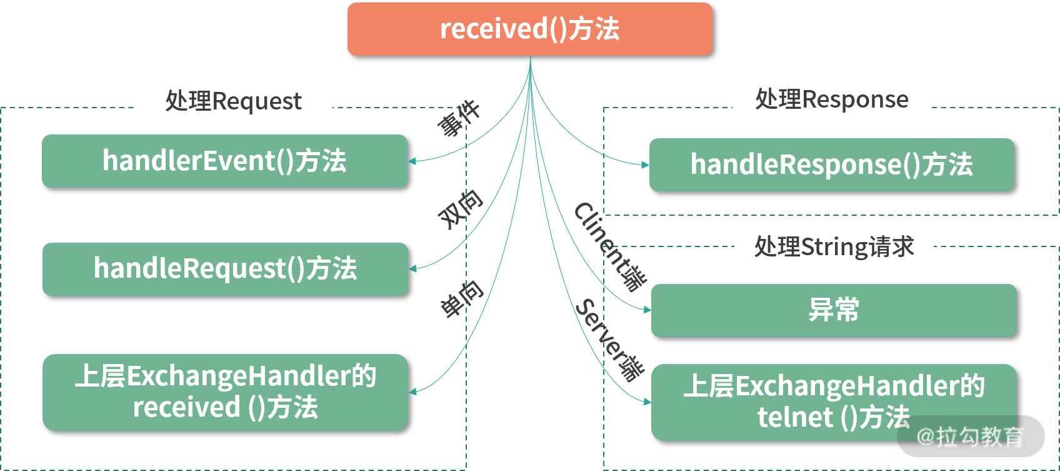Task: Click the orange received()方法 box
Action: coord(529,29)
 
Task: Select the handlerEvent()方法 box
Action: coord(224,161)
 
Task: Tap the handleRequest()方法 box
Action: coord(225,269)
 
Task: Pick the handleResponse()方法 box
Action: coord(831,165)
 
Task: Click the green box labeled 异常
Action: coord(834,310)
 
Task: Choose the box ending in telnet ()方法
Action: coord(834,402)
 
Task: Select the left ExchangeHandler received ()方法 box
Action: coord(225,392)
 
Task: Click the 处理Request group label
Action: coord(233,101)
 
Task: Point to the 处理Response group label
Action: coord(831,99)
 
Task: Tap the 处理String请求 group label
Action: coord(834,247)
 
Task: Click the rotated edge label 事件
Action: coord(458,118)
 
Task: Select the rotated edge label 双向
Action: coord(461,209)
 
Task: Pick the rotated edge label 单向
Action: coord(462,299)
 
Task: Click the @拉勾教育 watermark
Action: coord(970,437)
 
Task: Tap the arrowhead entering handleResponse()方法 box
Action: coord(646,165)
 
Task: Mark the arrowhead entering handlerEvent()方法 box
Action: coord(412,161)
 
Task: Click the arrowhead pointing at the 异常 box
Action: coord(647,310)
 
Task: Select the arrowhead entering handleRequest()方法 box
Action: coord(412,269)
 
